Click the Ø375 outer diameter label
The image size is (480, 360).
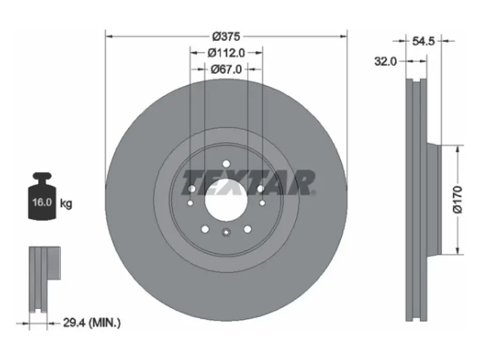[226, 37]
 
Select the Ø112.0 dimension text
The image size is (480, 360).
[226, 53]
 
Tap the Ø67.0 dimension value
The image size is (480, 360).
[226, 69]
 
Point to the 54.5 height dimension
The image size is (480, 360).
[423, 41]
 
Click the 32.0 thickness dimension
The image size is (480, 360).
[385, 61]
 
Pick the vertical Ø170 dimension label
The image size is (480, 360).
[457, 199]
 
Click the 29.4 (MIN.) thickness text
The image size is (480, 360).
[92, 322]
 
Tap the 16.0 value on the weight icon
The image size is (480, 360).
[42, 202]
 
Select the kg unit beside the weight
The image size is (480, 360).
[66, 203]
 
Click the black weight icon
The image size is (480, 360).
[42, 196]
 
